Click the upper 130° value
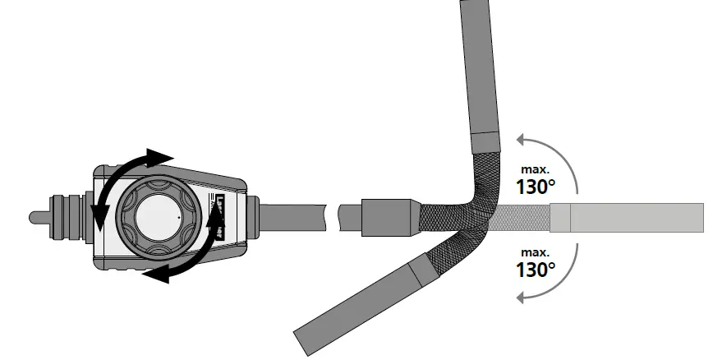click(536, 187)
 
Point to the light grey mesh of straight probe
click(522, 217)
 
